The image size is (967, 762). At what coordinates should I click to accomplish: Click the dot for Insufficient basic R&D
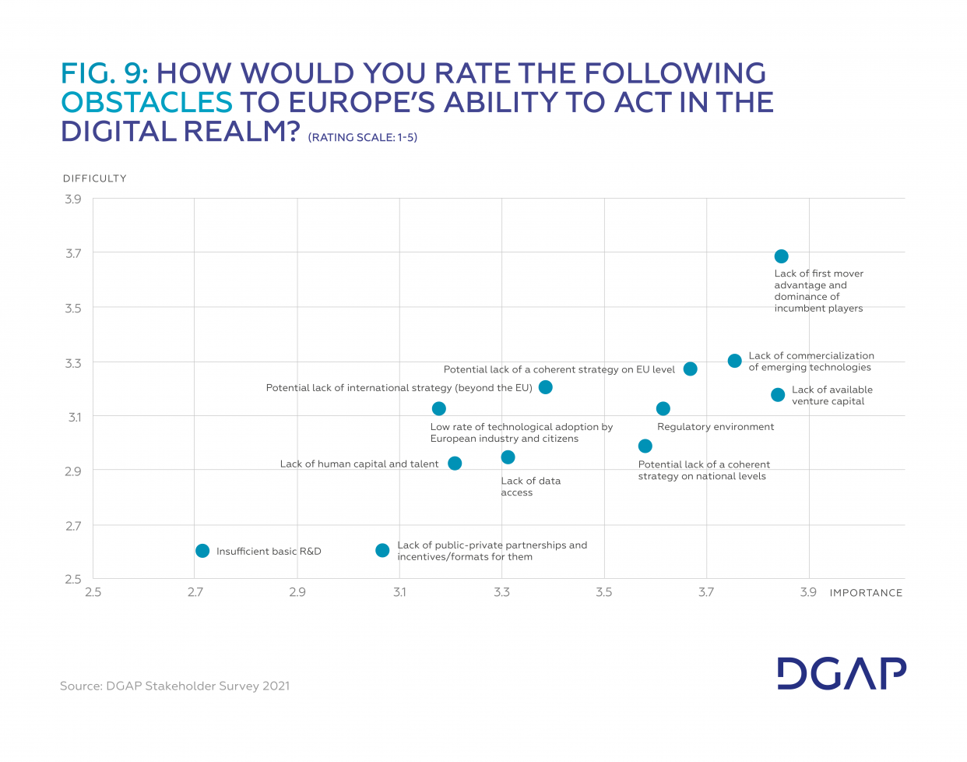[x=202, y=551]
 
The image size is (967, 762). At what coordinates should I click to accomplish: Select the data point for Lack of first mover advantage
[x=781, y=256]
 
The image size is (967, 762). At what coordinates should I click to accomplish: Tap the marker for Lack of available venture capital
[x=777, y=395]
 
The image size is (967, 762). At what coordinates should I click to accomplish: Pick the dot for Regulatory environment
[x=663, y=409]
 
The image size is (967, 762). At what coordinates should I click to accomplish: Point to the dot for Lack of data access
[x=508, y=457]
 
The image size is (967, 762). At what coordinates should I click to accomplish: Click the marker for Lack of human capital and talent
[x=455, y=464]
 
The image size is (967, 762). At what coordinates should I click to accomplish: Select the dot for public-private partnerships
[x=382, y=551]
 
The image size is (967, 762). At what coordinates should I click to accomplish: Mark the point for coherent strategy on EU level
[x=690, y=369]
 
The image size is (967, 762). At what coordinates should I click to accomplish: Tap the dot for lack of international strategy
[x=545, y=387]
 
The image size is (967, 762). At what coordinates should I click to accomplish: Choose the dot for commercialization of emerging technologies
[x=734, y=361]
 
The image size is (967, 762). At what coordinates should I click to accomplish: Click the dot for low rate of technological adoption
[x=438, y=409]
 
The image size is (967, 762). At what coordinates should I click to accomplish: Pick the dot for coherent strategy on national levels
[x=645, y=446]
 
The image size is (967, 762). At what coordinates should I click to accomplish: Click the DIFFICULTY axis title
[x=94, y=178]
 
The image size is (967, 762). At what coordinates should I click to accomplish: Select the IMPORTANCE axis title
[x=866, y=593]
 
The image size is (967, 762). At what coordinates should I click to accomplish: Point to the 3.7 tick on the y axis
[x=72, y=253]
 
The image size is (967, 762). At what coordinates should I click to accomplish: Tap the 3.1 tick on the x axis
[x=399, y=592]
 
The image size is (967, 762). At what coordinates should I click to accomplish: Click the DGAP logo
[x=841, y=673]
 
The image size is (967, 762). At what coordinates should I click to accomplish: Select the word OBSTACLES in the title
[x=146, y=102]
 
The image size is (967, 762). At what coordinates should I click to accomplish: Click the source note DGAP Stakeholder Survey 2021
[x=174, y=686]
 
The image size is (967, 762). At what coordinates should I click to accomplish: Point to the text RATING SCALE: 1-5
[x=363, y=138]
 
